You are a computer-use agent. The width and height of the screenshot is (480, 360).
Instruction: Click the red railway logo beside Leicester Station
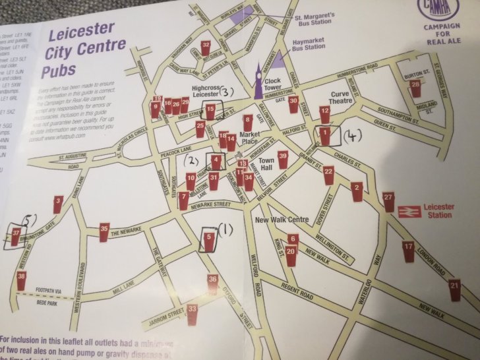(405, 210)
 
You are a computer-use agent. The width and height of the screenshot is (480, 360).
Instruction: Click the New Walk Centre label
(281, 219)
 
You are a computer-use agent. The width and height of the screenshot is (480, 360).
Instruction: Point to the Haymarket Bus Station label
(309, 44)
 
